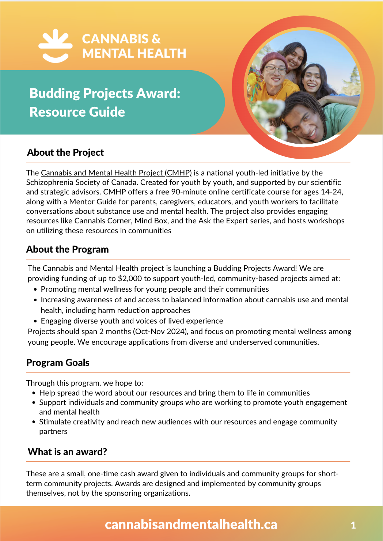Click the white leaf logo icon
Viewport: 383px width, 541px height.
56,46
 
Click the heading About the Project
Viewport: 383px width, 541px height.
65,152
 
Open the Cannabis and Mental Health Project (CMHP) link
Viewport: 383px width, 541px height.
116,173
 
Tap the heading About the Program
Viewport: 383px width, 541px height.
68,249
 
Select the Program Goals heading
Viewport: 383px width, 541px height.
58,363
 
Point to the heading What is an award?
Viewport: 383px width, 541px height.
68,452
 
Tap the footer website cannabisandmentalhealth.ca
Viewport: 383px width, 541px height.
191,524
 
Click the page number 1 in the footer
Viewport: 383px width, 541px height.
353,525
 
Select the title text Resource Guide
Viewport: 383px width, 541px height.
77,112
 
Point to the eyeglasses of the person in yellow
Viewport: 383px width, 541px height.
276,70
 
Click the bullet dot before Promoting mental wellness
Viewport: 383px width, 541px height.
35,290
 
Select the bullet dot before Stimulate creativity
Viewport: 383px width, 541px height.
34,422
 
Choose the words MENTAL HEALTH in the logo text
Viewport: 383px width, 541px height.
134,53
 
